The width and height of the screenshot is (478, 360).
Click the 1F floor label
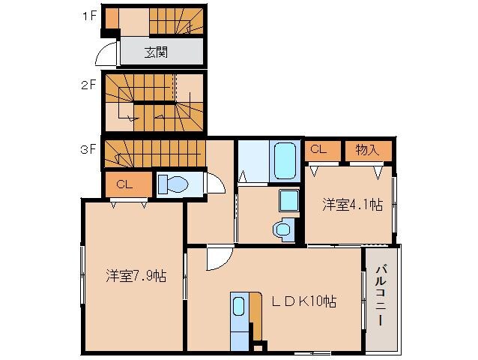tap(87, 15)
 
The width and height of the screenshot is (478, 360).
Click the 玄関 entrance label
tap(156, 52)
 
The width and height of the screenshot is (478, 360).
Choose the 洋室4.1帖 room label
tap(352, 203)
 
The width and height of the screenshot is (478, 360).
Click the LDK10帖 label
tap(303, 301)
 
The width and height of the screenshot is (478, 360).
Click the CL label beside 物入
tap(318, 149)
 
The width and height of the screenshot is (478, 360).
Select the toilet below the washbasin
tap(283, 228)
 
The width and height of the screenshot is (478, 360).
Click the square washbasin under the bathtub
tap(288, 200)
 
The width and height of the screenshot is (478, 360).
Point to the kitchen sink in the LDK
tap(238, 306)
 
